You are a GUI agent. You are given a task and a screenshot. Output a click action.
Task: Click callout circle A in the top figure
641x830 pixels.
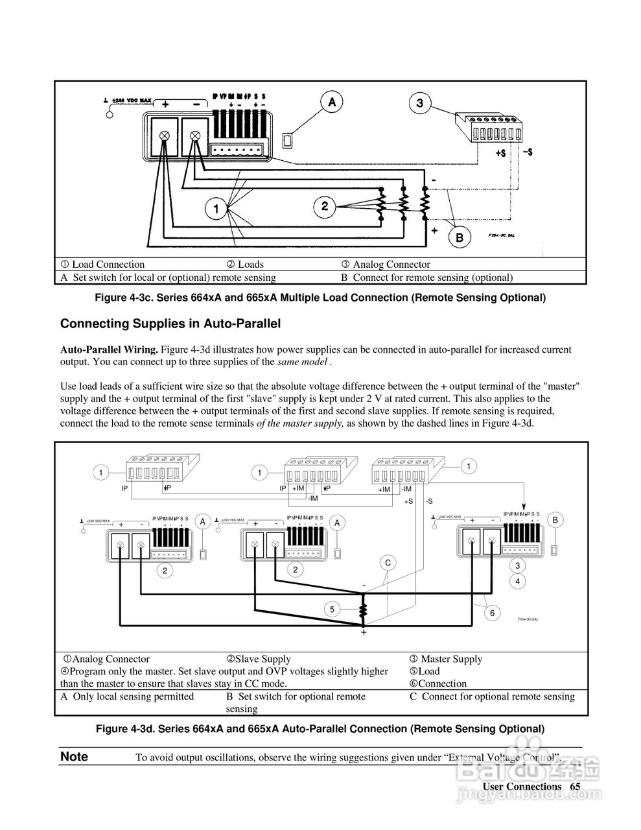[332, 102]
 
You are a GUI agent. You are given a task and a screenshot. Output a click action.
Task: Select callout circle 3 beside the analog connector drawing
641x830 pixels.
[420, 102]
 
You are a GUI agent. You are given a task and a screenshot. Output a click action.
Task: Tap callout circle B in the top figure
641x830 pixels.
[460, 237]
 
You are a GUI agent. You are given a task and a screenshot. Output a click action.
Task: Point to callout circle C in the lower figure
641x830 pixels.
[388, 562]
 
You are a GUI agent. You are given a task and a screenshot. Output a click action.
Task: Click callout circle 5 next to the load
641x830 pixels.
[332, 609]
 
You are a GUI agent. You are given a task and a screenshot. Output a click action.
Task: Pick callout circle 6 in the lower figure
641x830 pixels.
[493, 613]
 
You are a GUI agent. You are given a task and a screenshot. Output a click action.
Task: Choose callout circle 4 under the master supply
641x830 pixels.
[517, 581]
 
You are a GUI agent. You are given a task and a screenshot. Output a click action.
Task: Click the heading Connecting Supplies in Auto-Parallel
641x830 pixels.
[170, 323]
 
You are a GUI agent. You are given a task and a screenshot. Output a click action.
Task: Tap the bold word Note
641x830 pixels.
[74, 757]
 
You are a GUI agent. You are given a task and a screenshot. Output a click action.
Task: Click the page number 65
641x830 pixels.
[575, 787]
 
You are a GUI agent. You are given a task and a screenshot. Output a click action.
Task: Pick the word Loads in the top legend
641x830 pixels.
[250, 264]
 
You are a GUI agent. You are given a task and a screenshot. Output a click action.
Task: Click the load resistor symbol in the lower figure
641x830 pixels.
[363, 611]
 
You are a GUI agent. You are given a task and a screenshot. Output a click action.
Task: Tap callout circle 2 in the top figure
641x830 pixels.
[324, 207]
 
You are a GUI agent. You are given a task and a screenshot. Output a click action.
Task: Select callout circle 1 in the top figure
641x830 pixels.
[216, 209]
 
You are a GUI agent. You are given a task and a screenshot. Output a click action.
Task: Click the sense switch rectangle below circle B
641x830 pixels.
[554, 550]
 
